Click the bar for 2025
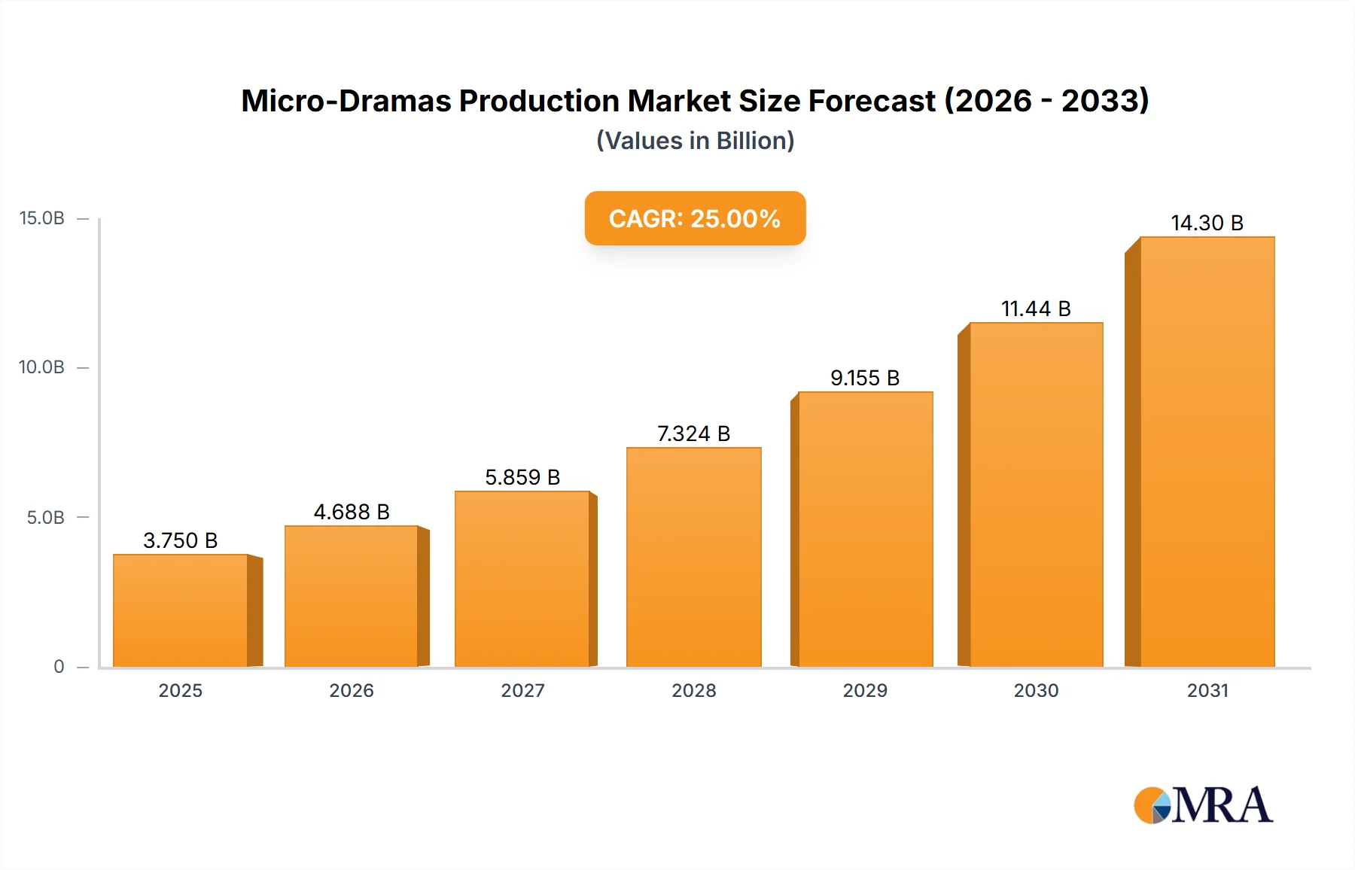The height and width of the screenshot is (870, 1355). click(181, 610)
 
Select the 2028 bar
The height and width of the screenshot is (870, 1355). click(693, 557)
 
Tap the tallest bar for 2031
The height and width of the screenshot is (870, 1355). click(1207, 452)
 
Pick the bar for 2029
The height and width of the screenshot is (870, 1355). click(865, 529)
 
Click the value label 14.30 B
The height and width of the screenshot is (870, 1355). click(1207, 223)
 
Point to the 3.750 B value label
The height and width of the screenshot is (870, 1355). click(181, 540)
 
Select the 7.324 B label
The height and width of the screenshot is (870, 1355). click(693, 433)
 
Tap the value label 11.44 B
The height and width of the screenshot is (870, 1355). click(1036, 309)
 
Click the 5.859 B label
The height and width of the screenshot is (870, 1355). click(522, 477)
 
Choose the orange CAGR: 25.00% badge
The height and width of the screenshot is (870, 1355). click(695, 218)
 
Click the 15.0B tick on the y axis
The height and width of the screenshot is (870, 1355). click(42, 218)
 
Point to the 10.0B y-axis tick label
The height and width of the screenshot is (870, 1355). click(42, 367)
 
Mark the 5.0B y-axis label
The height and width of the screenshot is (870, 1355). click(46, 517)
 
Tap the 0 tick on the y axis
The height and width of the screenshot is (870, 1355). click(59, 666)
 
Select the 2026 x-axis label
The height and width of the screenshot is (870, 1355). click(352, 690)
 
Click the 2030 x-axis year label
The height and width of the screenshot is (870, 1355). click(1036, 690)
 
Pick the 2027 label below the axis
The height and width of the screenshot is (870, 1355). click(522, 690)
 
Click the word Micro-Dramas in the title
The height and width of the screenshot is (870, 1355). click(346, 101)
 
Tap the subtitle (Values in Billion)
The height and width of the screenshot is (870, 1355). click(695, 141)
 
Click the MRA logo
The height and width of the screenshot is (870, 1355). click(1203, 805)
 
